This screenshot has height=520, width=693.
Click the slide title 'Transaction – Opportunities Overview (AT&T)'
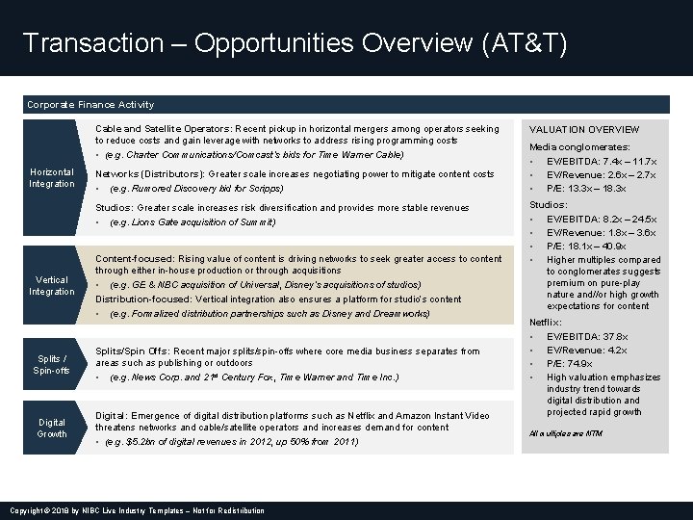pos(295,43)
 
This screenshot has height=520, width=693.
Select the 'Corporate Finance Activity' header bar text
pos(90,104)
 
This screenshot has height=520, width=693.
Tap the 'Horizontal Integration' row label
pos(51,177)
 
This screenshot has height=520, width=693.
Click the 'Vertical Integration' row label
pos(51,285)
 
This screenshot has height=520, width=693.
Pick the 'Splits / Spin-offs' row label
pos(51,364)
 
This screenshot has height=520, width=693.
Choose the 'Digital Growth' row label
pos(51,428)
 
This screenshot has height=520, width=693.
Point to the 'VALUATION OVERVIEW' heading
pos(584,129)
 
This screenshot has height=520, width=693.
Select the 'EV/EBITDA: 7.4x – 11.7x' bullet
pos(601,161)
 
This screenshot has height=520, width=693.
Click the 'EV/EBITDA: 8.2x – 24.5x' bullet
pos(601,219)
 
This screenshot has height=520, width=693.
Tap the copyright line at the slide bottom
pos(136,510)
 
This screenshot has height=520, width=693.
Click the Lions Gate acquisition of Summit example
pos(192,222)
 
